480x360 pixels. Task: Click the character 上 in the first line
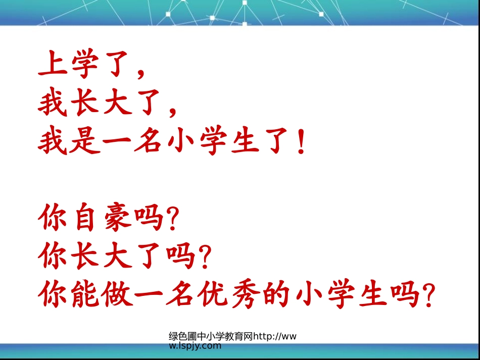click(x=53, y=64)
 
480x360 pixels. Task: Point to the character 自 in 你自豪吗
click(x=84, y=219)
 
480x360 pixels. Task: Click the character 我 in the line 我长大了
click(x=53, y=103)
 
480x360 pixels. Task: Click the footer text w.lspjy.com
click(x=195, y=346)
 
